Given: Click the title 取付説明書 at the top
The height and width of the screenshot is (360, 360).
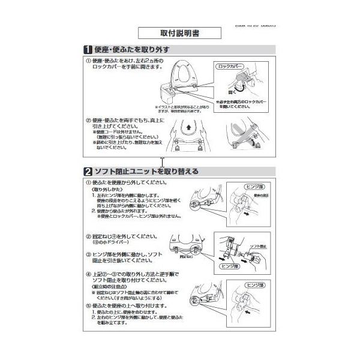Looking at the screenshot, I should pyautogui.click(x=163, y=34).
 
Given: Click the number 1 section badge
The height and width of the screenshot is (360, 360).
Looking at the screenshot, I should pyautogui.click(x=88, y=50).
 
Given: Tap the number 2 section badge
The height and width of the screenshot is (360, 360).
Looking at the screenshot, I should pyautogui.click(x=87, y=171).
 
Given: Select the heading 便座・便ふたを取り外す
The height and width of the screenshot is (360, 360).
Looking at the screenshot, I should pyautogui.click(x=132, y=50).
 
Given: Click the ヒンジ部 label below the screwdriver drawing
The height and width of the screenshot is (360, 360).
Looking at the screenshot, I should pyautogui.click(x=229, y=265).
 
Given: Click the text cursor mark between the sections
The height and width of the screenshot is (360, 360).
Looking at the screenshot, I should pyautogui.click(x=162, y=161).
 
